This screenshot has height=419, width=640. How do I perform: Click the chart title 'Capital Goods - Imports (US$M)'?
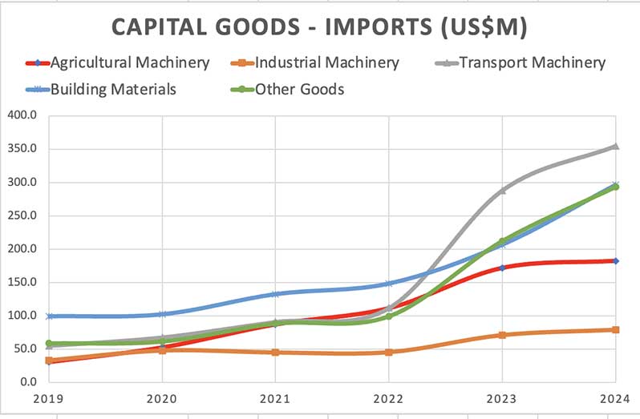coord(319,26)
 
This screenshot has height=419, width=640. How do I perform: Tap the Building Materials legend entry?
coord(113,89)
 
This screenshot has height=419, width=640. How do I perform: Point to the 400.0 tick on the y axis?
coord(23,115)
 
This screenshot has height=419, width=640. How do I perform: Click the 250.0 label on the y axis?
coord(23,216)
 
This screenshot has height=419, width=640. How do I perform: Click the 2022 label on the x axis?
coord(389,398)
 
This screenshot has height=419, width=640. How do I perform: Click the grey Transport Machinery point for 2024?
coord(615,146)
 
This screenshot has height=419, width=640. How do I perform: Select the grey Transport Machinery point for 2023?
coord(502,191)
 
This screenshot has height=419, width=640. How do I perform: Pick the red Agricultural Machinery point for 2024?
coord(615,260)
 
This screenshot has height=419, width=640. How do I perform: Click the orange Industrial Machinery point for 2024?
coord(615,329)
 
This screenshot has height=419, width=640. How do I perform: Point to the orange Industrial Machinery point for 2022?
coord(389,352)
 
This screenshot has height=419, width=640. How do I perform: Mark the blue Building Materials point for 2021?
coord(276,294)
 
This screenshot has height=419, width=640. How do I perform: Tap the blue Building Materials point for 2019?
coord(50,316)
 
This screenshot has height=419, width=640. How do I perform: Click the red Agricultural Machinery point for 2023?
coord(502,268)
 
